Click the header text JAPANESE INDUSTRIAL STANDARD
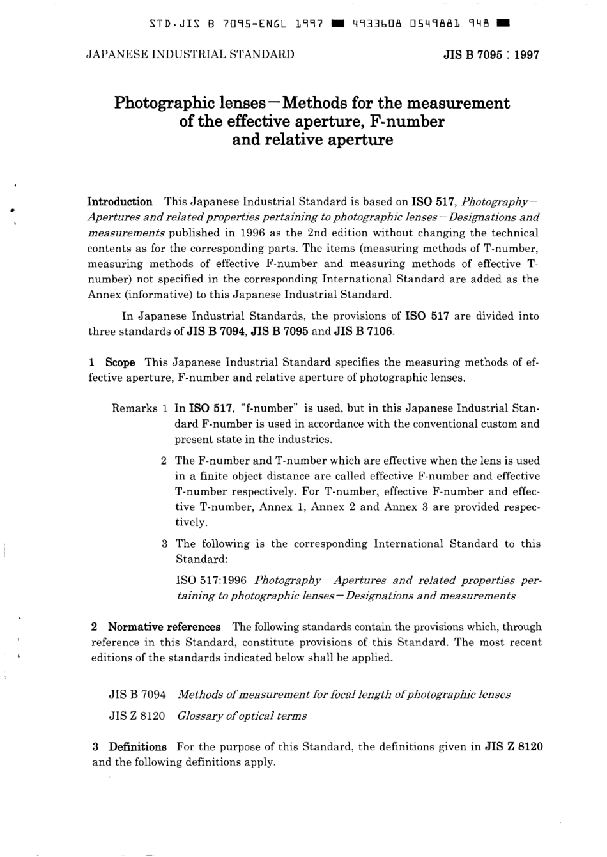coord(190,54)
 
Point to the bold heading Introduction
coord(119,202)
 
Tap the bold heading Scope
coord(120,362)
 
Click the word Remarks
coord(134,408)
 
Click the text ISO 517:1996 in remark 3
coord(211,581)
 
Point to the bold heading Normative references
coord(164,627)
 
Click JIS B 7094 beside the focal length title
coord(137,695)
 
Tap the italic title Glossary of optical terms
coord(242,716)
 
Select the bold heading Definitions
coord(137,747)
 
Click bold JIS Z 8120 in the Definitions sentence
coord(514,747)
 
